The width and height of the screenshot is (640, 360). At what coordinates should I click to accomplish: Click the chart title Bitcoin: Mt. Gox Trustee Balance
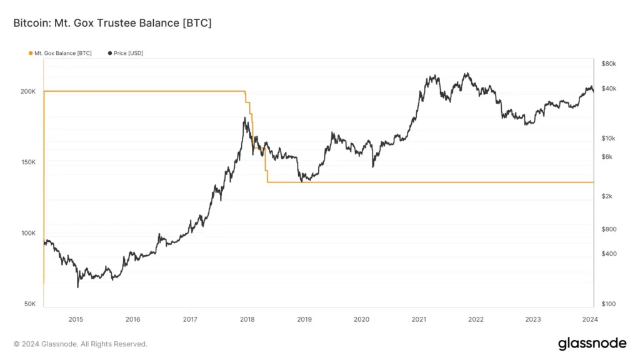[x=112, y=23]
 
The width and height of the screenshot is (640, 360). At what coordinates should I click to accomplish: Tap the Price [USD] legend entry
[x=126, y=53]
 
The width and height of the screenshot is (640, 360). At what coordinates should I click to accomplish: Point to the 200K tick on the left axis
[x=27, y=91]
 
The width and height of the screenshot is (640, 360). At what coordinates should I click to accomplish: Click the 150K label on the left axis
[x=27, y=162]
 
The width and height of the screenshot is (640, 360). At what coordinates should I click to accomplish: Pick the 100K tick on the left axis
[x=27, y=233]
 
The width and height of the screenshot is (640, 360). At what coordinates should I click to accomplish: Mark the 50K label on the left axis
[x=29, y=304]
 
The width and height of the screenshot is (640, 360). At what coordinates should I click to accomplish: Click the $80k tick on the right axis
[x=608, y=64]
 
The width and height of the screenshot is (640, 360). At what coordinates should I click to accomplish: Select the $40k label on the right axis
[x=608, y=89]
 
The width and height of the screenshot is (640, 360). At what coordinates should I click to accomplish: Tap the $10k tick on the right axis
[x=608, y=138]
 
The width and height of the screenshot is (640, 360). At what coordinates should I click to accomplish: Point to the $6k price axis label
[x=607, y=156]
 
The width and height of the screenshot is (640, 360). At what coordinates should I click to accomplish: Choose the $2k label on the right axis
[x=607, y=196]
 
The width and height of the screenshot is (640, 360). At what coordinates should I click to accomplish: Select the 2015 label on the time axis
[x=76, y=319]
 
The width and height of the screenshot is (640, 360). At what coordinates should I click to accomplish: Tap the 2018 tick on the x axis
[x=247, y=319]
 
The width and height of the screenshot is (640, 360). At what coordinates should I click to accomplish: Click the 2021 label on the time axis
[x=419, y=319]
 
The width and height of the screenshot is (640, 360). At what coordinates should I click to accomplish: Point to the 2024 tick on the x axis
[x=590, y=319]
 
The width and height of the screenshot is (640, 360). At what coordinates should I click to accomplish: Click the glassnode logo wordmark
[x=591, y=344]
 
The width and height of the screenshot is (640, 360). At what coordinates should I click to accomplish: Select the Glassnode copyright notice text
[x=80, y=344]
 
